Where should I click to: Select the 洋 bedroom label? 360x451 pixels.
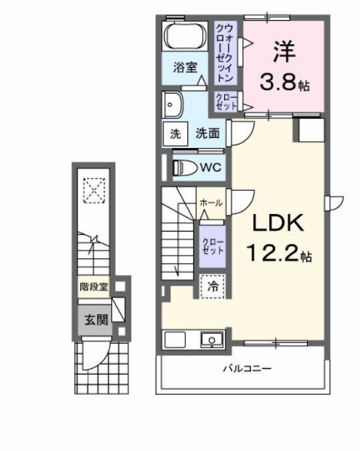(284, 50)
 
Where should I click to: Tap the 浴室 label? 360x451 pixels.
(185, 67)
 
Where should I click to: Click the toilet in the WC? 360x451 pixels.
(184, 167)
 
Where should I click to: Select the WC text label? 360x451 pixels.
(213, 167)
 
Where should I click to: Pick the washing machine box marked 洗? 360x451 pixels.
(175, 133)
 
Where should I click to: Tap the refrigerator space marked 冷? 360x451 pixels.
(211, 286)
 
